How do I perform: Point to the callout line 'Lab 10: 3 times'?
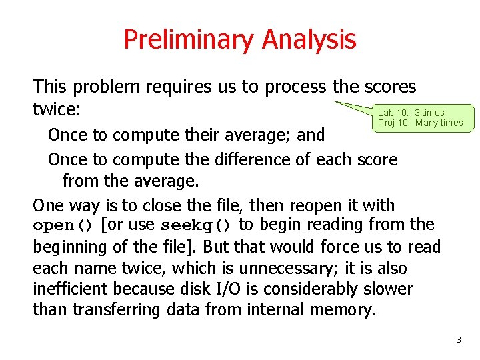click(x=411, y=113)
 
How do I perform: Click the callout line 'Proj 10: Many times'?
click(x=420, y=123)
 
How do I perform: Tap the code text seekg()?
click(x=198, y=225)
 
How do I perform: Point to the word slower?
click(x=388, y=289)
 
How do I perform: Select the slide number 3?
click(x=458, y=340)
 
